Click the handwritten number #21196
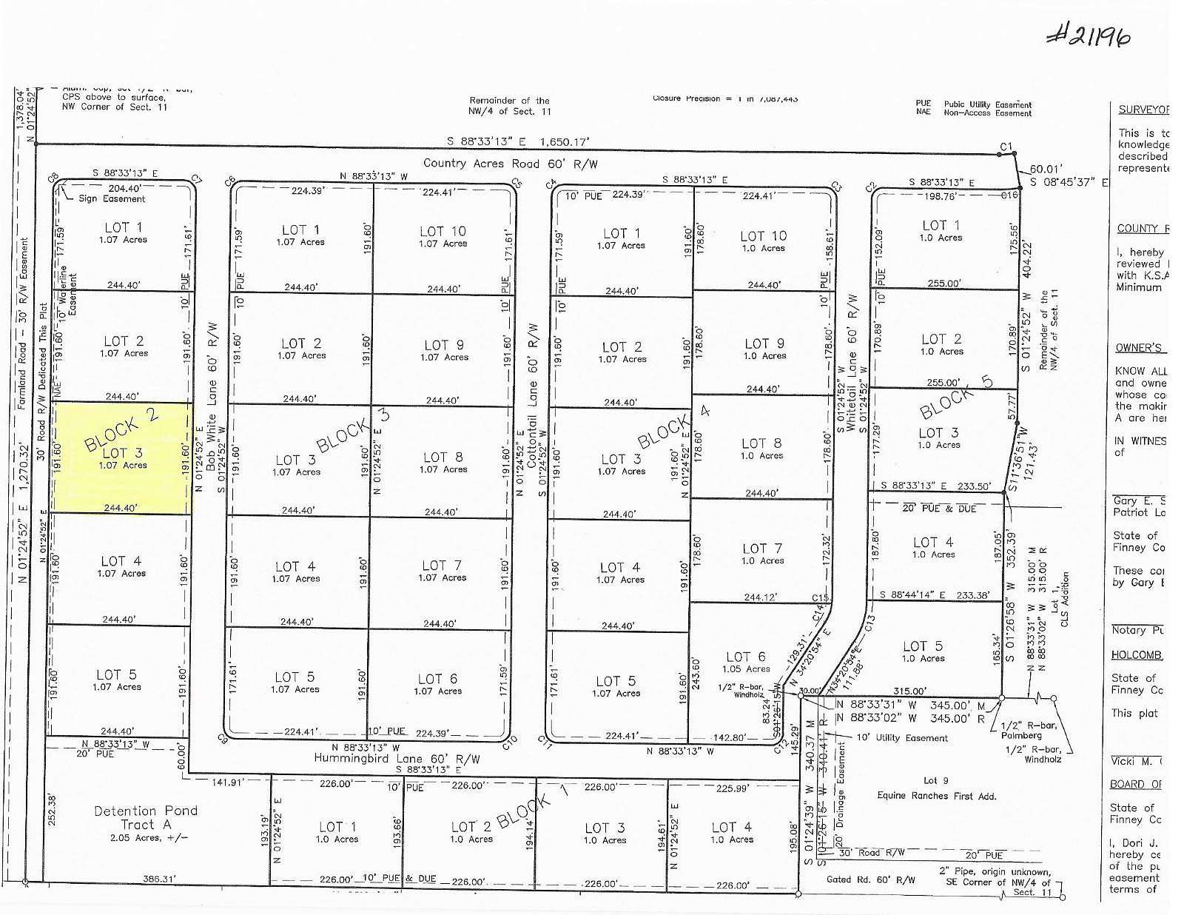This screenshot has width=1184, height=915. click(x=1088, y=33)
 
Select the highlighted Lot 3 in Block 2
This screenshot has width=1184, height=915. click(x=122, y=457)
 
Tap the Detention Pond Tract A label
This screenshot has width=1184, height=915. click(x=145, y=818)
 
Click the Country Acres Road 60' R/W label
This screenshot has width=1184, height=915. click(x=510, y=164)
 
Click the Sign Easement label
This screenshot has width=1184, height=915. click(x=112, y=198)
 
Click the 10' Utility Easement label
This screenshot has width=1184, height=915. click(x=901, y=737)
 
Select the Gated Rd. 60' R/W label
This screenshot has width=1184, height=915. click(x=870, y=880)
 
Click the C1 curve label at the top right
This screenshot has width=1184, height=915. click(x=1006, y=147)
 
